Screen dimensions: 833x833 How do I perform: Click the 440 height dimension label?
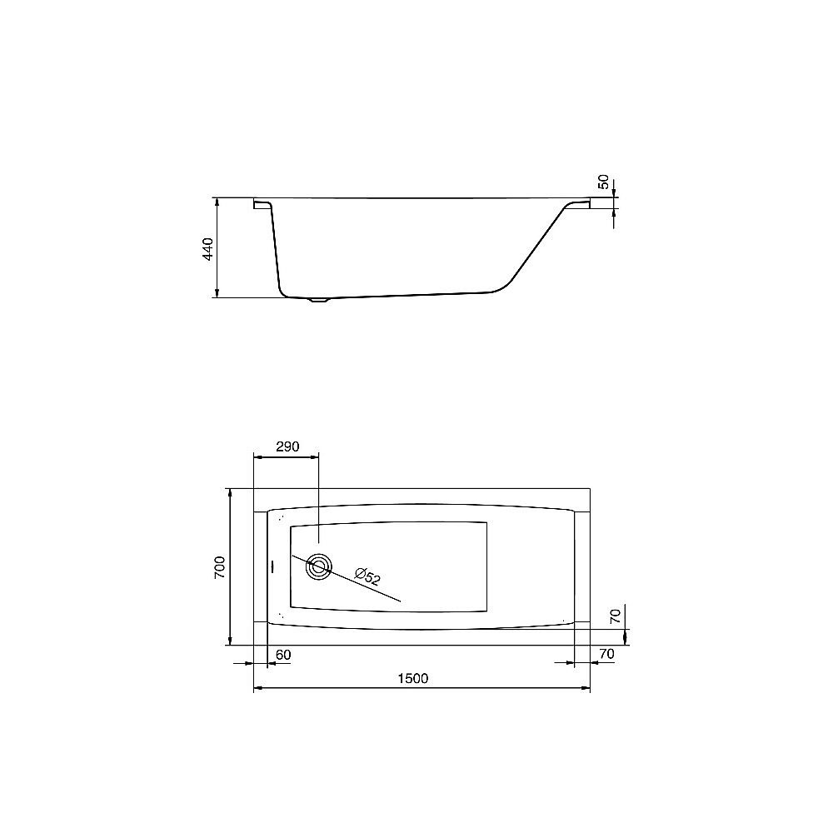coord(207,249)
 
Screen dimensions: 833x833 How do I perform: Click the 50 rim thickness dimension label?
coord(603,182)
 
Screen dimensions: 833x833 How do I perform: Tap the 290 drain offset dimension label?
coord(287,446)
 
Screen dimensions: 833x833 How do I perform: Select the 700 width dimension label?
coord(219,567)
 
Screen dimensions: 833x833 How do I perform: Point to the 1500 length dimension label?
coord(413,678)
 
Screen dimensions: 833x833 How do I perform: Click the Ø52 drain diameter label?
coord(368,576)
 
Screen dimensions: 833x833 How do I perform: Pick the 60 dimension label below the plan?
coord(284,655)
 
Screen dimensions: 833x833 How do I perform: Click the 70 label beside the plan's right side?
coord(616,616)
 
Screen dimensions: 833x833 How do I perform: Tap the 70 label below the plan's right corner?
coord(606,654)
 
